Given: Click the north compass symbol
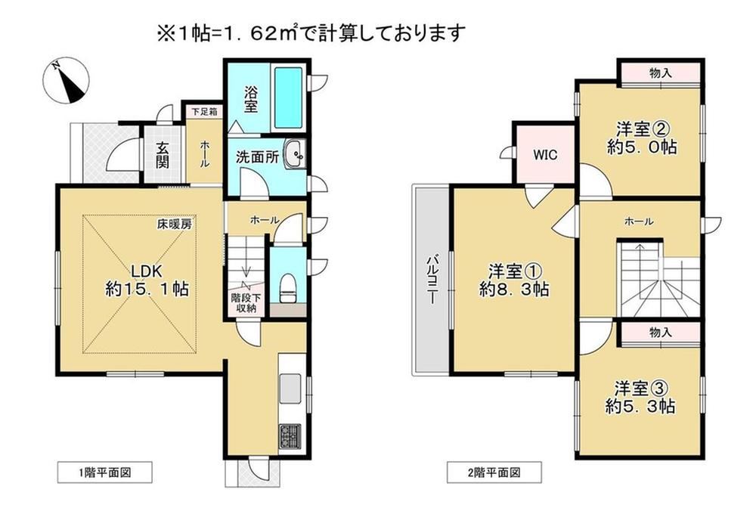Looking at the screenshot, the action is [66, 81].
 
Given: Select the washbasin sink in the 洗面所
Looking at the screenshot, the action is [294, 155].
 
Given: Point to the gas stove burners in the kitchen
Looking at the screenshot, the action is [290, 436].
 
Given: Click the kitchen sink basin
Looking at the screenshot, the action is [290, 389].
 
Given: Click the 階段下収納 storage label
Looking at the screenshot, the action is [246, 303].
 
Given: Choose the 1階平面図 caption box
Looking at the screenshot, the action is [104, 472].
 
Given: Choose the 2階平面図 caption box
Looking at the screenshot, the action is [494, 472].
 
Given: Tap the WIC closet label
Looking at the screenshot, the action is [545, 154].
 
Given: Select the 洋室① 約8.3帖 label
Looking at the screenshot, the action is [514, 280].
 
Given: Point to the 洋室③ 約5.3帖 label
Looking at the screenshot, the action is [640, 397].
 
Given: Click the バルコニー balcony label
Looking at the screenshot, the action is [432, 280].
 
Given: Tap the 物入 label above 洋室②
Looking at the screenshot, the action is [661, 73].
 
